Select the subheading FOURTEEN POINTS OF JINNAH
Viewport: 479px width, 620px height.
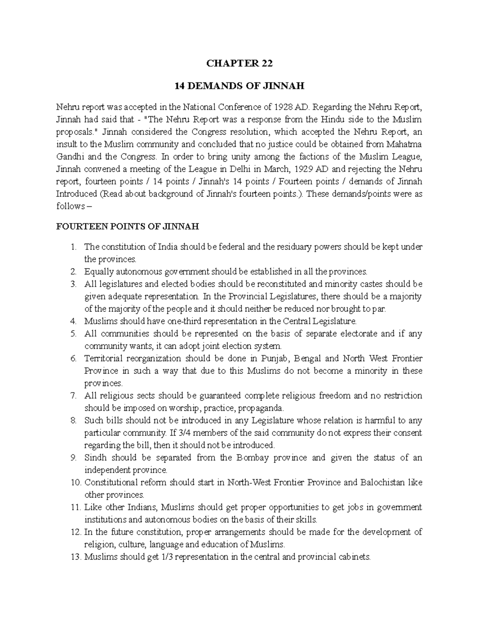click(x=127, y=227)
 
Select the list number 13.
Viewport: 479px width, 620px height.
click(x=75, y=557)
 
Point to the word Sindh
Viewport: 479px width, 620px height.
click(x=95, y=458)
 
